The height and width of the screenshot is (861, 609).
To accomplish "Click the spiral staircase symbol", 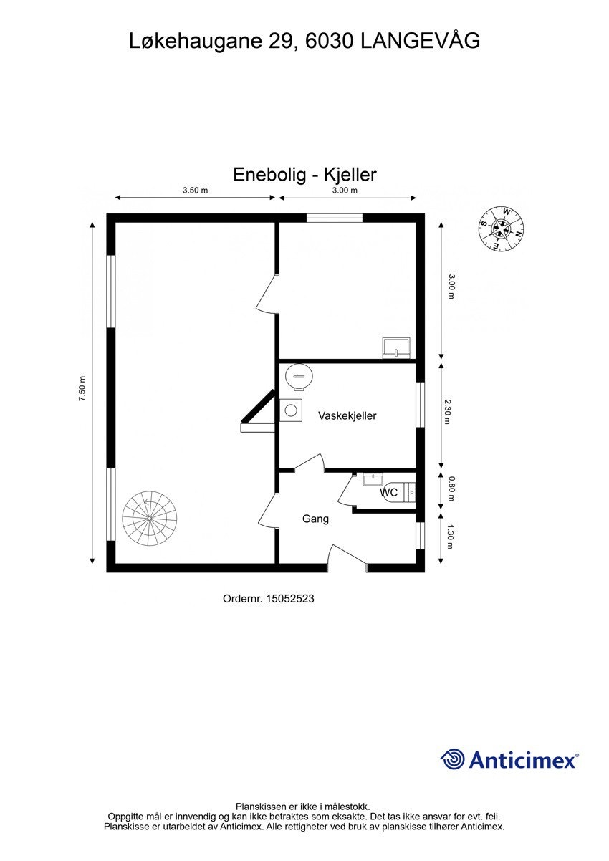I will point(149,518).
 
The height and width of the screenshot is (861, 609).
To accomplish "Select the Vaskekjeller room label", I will point(347,415).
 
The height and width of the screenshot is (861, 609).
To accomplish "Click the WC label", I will point(389,493).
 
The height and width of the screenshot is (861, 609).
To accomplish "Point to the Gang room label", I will point(315,519).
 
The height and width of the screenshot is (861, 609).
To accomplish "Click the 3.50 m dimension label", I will point(195,191).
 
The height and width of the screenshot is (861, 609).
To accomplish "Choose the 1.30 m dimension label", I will point(449,536).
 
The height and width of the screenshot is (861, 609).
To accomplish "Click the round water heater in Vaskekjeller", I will point(297,375).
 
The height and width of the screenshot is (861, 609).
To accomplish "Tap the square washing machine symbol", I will point(291,410).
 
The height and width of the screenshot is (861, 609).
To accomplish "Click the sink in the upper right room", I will point(396,347).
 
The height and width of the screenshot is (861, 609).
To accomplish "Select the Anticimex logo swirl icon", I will point(452,759).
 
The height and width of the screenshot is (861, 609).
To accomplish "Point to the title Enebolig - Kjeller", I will point(304,174).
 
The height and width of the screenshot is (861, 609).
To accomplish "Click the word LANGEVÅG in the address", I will point(420,42).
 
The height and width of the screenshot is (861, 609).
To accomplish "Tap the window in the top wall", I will point(335,218).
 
